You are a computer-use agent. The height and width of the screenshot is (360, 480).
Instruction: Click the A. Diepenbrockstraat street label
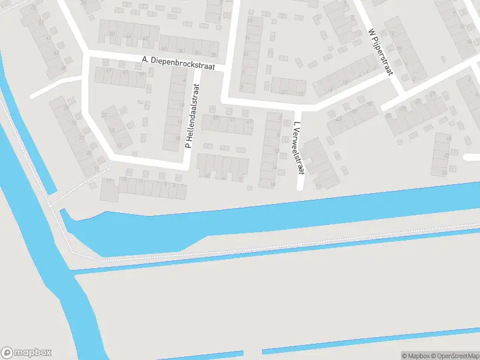click(178, 63)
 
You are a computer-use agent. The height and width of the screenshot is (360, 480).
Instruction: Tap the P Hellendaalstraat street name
click(191, 116)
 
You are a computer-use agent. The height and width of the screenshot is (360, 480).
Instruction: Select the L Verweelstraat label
click(298, 148)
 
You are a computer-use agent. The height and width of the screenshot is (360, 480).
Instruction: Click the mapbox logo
click(26, 353)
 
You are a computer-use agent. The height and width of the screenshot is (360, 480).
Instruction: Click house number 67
click(109, 71)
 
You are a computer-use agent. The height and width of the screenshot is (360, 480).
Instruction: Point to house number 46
click(128, 37)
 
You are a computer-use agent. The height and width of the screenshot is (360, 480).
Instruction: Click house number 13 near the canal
click(109, 180)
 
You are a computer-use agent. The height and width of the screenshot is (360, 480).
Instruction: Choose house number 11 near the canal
click(140, 181)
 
